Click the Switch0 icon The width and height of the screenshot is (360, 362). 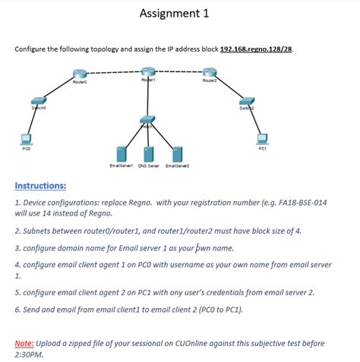point(39,102)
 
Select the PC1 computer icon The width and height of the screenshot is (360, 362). point(262,139)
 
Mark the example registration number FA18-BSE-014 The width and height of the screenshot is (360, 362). point(294,203)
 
